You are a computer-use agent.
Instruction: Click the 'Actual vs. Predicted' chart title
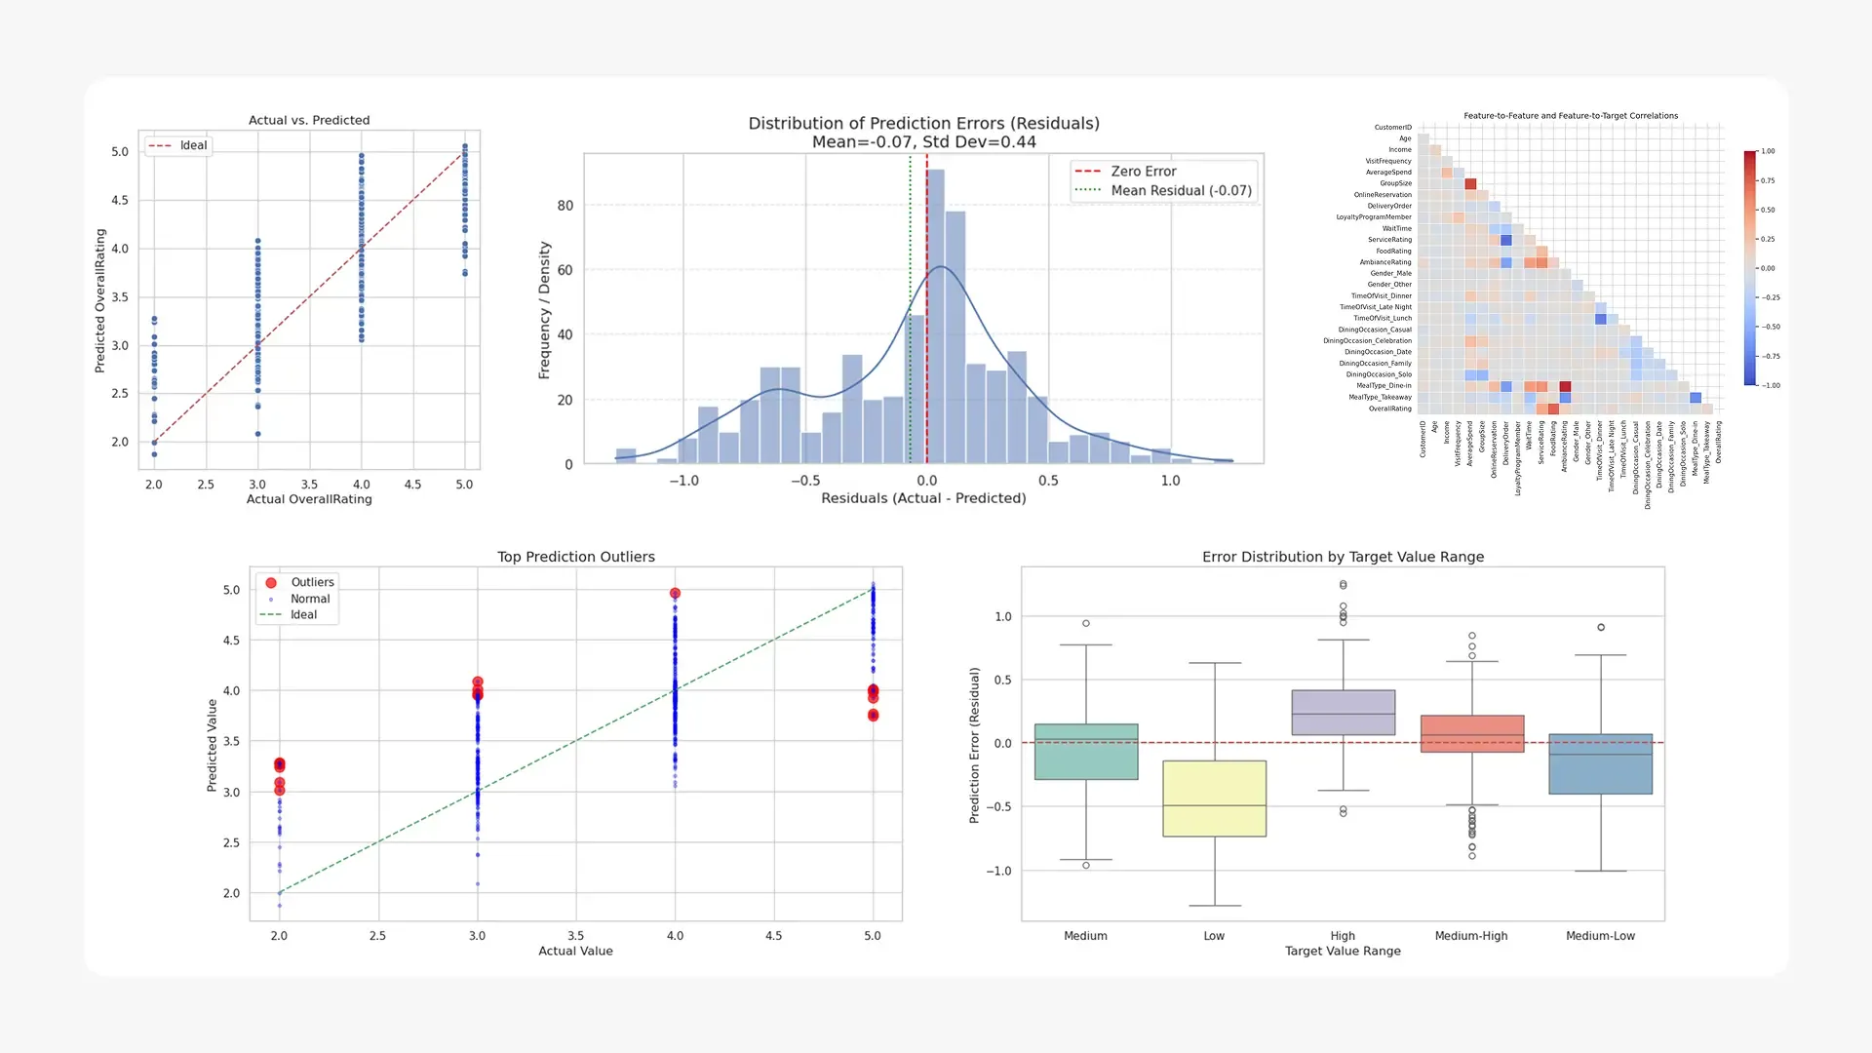coord(309,120)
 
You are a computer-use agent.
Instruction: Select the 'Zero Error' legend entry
coord(1143,171)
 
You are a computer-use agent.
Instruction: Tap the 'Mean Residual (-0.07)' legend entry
coord(1181,190)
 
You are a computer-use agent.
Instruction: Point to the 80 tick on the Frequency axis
coord(565,206)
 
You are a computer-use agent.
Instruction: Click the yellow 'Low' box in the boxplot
coord(1214,799)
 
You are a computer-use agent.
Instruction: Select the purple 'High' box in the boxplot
coord(1343,712)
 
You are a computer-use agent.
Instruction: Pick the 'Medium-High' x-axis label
coord(1470,936)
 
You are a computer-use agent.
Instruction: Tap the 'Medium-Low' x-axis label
coord(1600,936)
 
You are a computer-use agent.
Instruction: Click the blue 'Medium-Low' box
coord(1600,763)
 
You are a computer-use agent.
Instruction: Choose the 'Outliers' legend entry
coord(312,582)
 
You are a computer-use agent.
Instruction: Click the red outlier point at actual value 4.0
coord(675,593)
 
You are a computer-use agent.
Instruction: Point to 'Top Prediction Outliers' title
coord(575,557)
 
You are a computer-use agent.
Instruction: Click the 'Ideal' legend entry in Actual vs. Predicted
coord(193,145)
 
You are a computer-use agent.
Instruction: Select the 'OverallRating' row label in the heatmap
coord(1389,409)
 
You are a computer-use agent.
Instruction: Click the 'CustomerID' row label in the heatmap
coord(1392,128)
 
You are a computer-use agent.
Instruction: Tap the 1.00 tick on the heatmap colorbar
coord(1768,151)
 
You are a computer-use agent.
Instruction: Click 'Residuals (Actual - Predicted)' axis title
coord(923,498)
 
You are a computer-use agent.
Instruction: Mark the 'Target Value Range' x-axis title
coord(1343,951)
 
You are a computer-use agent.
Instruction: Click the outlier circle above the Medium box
coord(1086,623)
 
